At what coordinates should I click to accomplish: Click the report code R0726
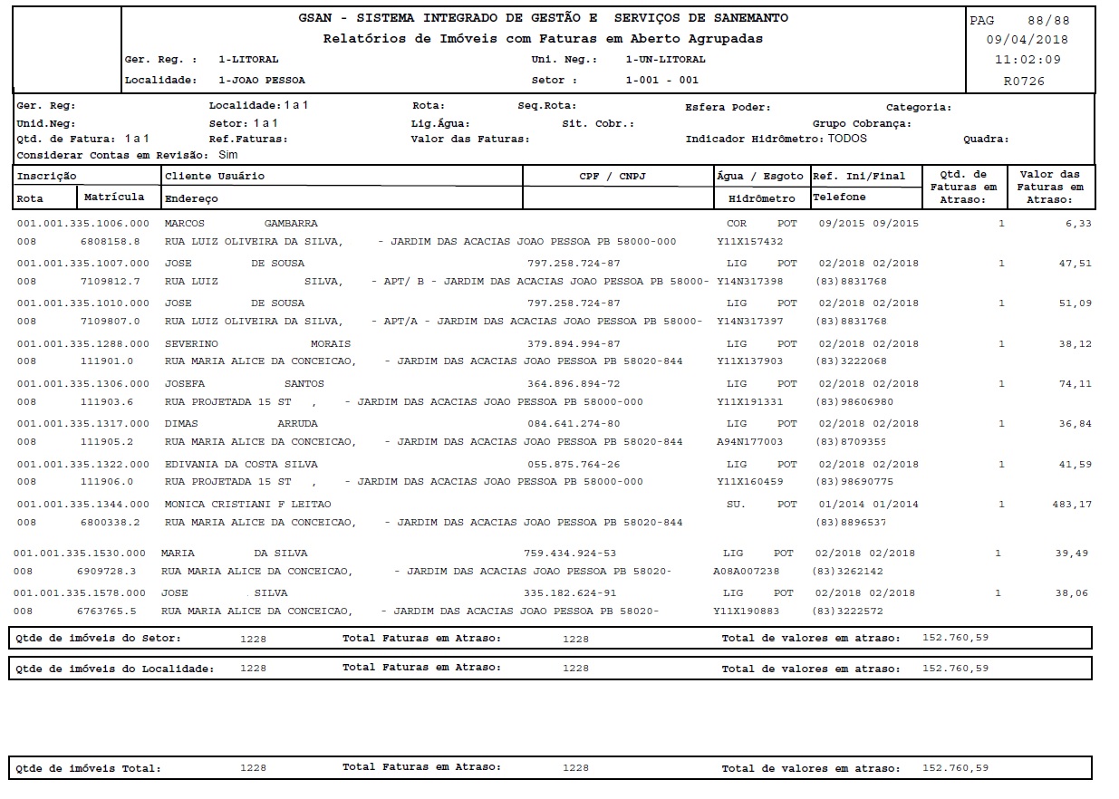(1024, 81)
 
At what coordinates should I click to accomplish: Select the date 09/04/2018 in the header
(1027, 40)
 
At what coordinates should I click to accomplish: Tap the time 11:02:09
(1027, 60)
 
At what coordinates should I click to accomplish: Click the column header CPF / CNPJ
(618, 176)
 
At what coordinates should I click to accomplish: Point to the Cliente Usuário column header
(215, 176)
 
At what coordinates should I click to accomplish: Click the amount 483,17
(1072, 504)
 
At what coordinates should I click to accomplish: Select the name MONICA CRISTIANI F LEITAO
(247, 504)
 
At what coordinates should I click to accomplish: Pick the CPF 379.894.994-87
(574, 344)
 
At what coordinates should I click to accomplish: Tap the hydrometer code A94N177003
(749, 442)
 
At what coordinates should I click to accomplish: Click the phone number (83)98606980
(854, 402)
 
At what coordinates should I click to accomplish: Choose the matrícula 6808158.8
(110, 242)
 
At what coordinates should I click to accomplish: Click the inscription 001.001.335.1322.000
(82, 464)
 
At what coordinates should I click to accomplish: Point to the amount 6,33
(1079, 223)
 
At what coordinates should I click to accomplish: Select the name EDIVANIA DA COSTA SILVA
(241, 464)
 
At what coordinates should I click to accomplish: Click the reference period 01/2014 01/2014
(868, 504)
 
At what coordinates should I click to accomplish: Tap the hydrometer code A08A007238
(746, 572)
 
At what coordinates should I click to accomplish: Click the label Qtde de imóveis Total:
(89, 768)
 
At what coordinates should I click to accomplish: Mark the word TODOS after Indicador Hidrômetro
(847, 139)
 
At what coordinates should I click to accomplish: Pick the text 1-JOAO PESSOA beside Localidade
(262, 80)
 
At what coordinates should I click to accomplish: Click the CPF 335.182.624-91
(570, 593)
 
